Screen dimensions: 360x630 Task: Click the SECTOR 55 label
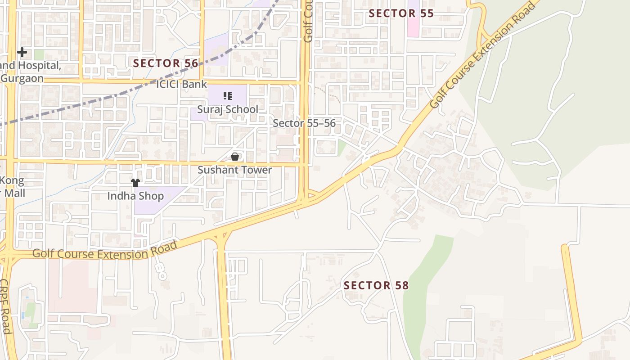pos(401,13)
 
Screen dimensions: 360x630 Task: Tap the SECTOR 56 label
pos(166,63)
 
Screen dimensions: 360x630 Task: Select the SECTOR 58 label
pos(376,285)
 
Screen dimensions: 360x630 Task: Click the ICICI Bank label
pos(181,84)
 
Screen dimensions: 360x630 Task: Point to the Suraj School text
pos(228,109)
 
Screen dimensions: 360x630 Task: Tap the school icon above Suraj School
pos(228,95)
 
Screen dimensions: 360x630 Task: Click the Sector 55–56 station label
pos(304,123)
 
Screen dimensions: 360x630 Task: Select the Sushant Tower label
pos(235,170)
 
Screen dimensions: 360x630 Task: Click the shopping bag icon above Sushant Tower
pos(234,157)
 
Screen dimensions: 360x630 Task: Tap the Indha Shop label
pos(135,196)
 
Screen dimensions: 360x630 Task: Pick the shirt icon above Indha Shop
pos(135,182)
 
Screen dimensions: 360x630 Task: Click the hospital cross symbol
pos(22,52)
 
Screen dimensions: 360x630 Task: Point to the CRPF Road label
pos(5,306)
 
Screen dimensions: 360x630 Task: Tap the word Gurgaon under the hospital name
pos(22,78)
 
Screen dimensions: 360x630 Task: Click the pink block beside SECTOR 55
pos(413,22)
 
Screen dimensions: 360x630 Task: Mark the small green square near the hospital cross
pos(39,54)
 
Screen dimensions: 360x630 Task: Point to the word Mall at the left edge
pos(12,193)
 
